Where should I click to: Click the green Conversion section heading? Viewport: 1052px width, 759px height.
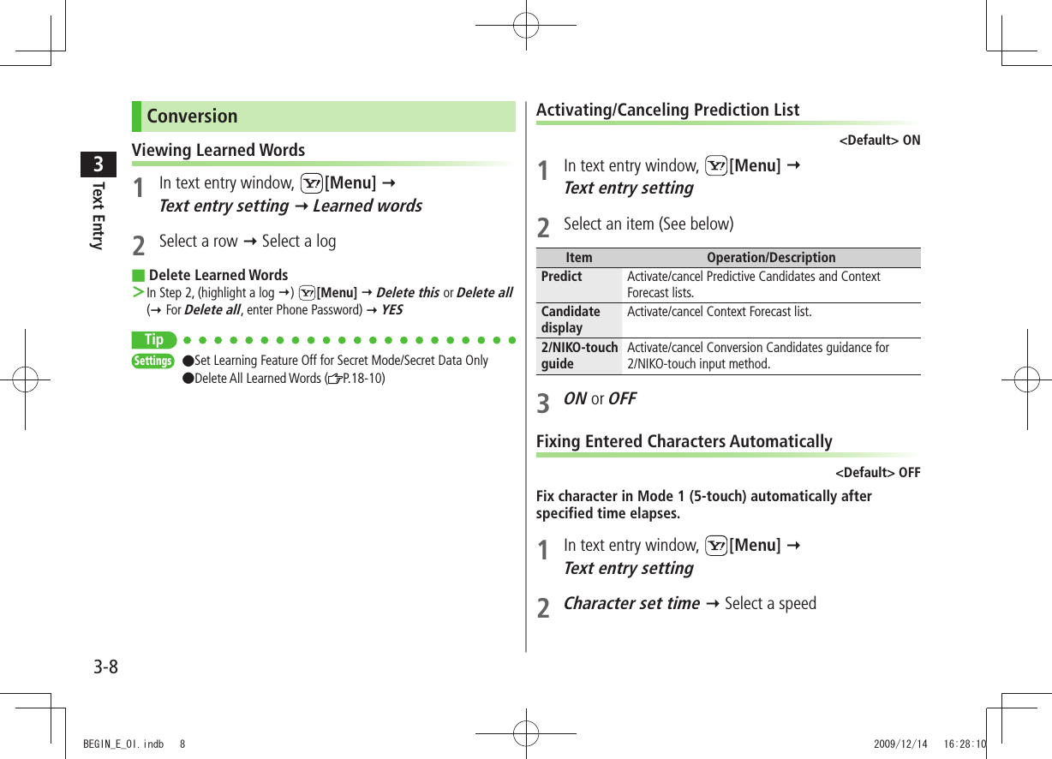pyautogui.click(x=192, y=117)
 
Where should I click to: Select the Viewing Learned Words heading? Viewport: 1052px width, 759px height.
pyautogui.click(x=218, y=150)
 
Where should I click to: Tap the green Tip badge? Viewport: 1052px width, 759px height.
pyautogui.click(x=154, y=340)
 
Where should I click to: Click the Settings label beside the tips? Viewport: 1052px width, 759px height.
pyautogui.click(x=152, y=361)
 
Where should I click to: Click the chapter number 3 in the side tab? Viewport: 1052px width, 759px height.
pyautogui.click(x=99, y=164)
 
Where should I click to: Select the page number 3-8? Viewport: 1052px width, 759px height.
pyautogui.click(x=105, y=666)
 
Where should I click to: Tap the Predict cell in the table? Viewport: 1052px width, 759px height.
pyautogui.click(x=561, y=277)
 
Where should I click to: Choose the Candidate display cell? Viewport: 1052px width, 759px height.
pyautogui.click(x=571, y=320)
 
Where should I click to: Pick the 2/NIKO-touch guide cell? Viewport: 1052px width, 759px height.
pyautogui.click(x=579, y=356)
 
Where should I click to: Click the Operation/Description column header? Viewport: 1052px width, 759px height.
pyautogui.click(x=771, y=258)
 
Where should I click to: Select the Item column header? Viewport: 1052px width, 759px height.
pyautogui.click(x=579, y=258)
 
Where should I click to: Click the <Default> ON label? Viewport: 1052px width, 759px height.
pyautogui.click(x=879, y=140)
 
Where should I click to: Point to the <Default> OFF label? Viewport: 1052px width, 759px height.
pyautogui.click(x=877, y=473)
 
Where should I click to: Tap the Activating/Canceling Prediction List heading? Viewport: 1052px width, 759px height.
pyautogui.click(x=667, y=110)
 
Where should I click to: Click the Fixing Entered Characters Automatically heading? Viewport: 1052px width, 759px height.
pyautogui.click(x=684, y=441)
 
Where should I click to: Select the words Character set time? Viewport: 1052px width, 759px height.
pyautogui.click(x=631, y=603)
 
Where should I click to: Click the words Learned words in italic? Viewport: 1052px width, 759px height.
pyautogui.click(x=368, y=206)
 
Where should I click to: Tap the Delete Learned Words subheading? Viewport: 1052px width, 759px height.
pyautogui.click(x=218, y=275)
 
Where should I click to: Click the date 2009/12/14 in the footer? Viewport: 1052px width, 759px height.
pyautogui.click(x=900, y=744)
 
